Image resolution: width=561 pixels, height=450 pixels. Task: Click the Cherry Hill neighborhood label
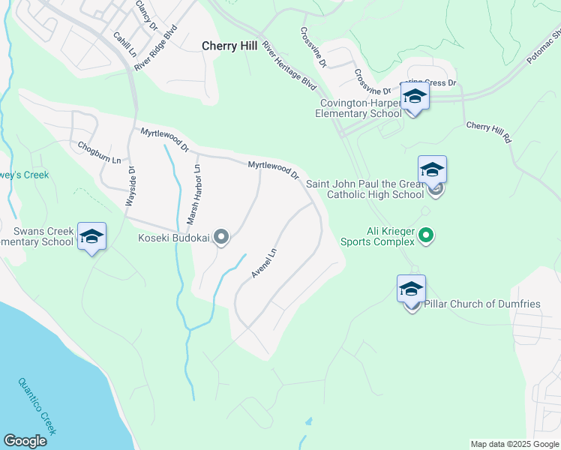(229, 46)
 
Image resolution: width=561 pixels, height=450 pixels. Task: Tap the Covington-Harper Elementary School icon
(415, 97)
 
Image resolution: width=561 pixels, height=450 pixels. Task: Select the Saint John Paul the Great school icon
(432, 169)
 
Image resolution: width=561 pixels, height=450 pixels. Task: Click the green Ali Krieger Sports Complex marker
(426, 236)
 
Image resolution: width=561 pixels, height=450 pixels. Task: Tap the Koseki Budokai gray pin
(221, 238)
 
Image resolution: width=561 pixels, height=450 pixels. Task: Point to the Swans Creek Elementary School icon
(91, 236)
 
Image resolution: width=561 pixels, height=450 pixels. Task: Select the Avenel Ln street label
(264, 263)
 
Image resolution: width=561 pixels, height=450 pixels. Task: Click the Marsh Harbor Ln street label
(194, 195)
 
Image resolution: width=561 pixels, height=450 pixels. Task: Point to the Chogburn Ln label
(99, 147)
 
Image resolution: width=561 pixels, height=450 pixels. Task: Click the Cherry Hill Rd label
(488, 133)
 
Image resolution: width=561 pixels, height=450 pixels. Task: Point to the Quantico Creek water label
(37, 404)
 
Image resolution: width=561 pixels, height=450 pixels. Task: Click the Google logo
(25, 441)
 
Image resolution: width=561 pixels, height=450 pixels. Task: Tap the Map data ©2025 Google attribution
(514, 444)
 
